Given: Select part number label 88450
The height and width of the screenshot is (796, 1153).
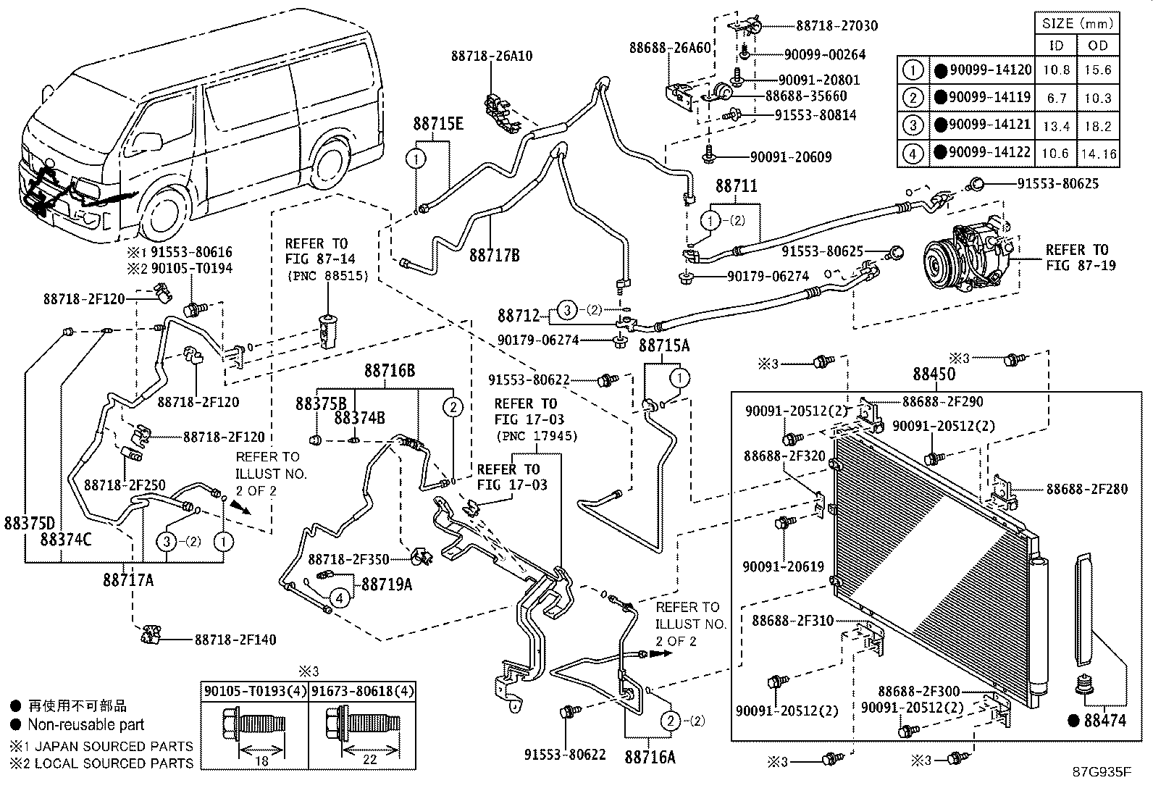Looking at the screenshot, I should point(934,374).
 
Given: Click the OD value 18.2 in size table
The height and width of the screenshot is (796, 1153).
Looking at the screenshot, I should point(1098,126).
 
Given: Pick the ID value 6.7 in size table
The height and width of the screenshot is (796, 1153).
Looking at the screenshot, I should point(1057,98).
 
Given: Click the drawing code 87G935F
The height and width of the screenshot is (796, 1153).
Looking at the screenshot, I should point(1102,772).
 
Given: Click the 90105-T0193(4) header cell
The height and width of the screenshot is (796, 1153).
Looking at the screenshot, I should point(253,692).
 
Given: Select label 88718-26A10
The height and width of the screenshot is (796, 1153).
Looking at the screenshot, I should point(491,56).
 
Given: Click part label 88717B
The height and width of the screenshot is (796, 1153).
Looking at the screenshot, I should point(494,255).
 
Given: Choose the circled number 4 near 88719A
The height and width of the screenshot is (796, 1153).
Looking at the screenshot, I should point(339,598).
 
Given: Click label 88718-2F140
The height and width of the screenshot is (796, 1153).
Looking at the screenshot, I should point(235,640).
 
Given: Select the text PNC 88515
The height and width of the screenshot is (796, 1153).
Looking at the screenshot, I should point(327,276).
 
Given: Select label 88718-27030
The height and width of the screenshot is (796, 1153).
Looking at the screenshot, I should point(837,26).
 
